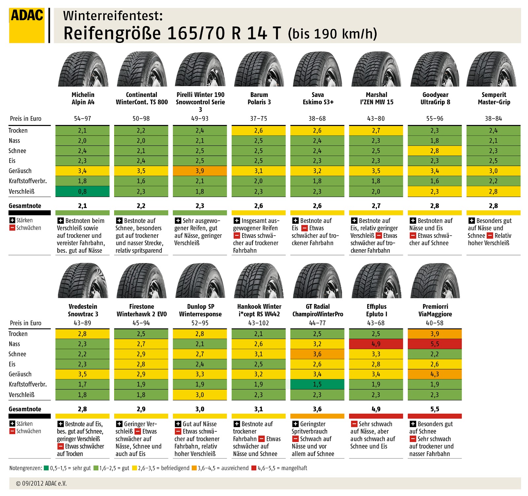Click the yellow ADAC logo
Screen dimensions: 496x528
click(27, 26)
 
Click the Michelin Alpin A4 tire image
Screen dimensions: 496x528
click(83, 69)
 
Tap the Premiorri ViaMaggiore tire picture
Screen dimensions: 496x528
click(435, 281)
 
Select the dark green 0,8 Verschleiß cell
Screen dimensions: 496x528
click(82, 191)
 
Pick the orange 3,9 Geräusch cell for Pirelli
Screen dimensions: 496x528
click(200, 171)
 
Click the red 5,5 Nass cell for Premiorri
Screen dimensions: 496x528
click(435, 344)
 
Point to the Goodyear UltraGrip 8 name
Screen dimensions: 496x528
click(435, 98)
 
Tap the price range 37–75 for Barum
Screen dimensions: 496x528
click(258, 118)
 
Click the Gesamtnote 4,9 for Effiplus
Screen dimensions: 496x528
click(376, 409)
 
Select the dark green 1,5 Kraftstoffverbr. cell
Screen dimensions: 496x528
click(317, 384)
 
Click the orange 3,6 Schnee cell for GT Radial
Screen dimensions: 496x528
click(317, 354)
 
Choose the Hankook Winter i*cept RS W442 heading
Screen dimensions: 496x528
click(259, 310)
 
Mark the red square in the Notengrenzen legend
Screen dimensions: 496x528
click(254, 468)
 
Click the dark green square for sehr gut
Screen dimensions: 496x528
click(46, 468)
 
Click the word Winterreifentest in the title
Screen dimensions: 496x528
click(113, 16)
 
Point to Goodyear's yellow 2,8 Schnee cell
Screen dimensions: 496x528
click(435, 151)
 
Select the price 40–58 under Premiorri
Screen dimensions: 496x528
click(435, 323)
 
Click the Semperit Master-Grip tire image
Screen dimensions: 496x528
click(493, 69)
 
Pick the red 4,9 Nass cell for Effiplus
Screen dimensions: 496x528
click(376, 344)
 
